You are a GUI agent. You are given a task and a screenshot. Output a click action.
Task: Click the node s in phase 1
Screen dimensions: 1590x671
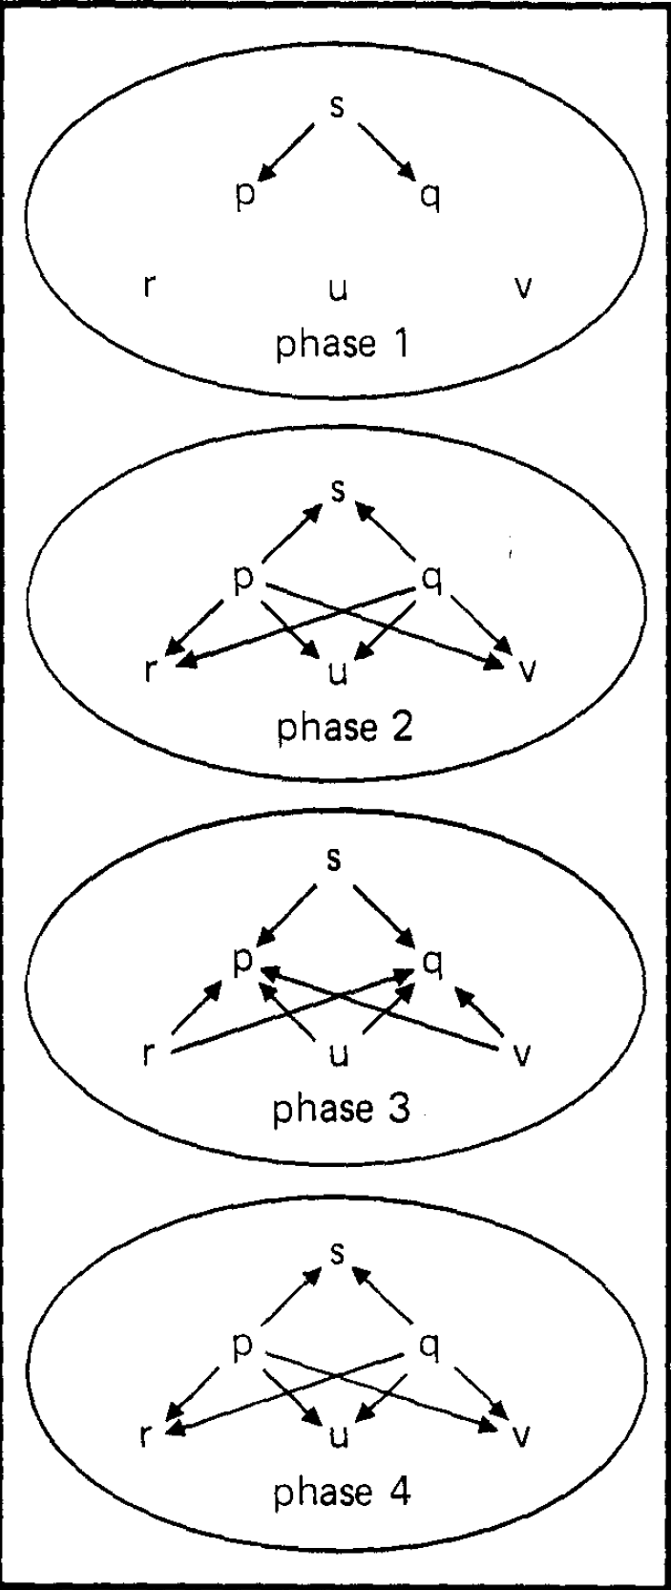coord(337,105)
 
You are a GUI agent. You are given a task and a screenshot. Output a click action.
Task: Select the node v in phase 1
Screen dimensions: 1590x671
coord(521,286)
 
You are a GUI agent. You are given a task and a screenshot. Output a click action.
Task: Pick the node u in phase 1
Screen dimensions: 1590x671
coord(337,287)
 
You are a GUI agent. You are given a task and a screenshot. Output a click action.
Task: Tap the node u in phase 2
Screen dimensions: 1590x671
coord(337,671)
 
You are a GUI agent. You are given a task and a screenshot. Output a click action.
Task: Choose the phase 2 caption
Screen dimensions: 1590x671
coord(344,729)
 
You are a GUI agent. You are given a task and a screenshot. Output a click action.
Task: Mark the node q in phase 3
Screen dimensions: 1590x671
coord(431,965)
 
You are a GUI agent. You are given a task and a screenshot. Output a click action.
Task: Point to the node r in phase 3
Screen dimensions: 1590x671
coord(148,1056)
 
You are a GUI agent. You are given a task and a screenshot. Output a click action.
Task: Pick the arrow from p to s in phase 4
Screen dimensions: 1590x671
coord(290,1298)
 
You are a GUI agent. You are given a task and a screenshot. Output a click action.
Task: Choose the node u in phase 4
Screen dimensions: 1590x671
coord(337,1435)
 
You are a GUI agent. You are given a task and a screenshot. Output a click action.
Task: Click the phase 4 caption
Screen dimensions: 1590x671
coord(342,1493)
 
